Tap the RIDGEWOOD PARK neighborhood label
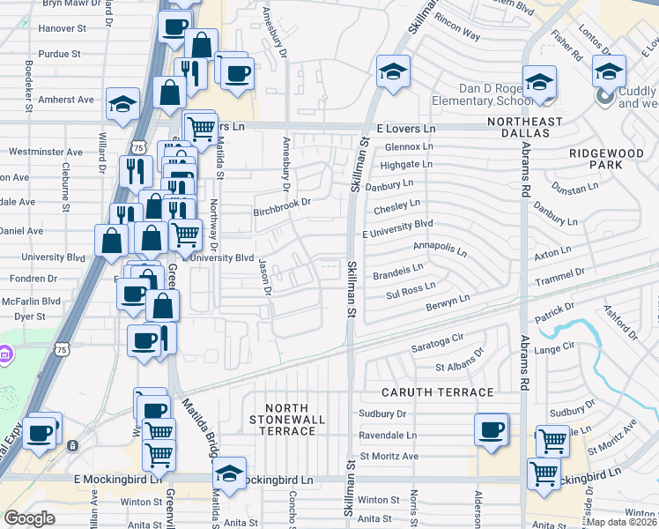(x=606, y=159)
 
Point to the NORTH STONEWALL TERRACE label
(x=291, y=420)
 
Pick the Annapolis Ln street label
(x=440, y=249)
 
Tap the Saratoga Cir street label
(x=437, y=340)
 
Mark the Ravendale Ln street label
(x=388, y=436)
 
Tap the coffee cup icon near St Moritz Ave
(x=492, y=430)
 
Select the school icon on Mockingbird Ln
(x=229, y=474)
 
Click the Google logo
(x=30, y=518)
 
